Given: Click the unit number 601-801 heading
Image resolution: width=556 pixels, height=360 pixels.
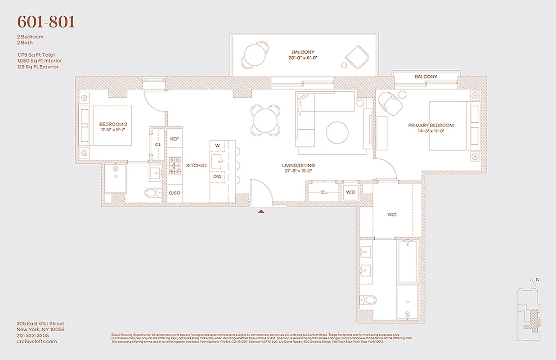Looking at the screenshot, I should (x=46, y=22).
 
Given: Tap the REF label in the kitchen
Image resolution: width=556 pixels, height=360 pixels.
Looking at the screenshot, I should (x=175, y=139).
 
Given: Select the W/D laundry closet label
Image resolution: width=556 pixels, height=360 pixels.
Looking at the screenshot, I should (x=350, y=192).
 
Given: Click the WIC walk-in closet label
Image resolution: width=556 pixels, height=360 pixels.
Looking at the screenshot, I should (x=392, y=215).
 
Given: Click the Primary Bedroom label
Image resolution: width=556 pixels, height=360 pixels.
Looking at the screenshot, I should (x=430, y=126).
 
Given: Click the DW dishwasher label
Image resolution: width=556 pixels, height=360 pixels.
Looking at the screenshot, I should (x=217, y=176).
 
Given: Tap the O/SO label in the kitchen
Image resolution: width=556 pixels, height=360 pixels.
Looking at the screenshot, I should (x=174, y=193).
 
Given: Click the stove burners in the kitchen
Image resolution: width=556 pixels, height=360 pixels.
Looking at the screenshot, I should (x=174, y=166).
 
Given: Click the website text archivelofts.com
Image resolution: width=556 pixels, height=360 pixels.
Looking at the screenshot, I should (x=36, y=342).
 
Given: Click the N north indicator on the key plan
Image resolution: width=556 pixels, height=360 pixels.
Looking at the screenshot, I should (x=537, y=279).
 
